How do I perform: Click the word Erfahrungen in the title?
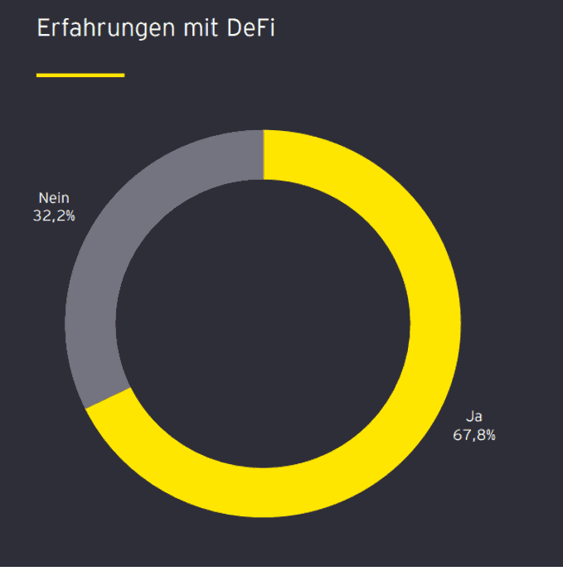tap(106, 29)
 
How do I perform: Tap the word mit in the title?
tap(201, 27)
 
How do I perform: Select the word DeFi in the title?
tap(250, 27)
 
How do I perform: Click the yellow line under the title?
tap(80, 75)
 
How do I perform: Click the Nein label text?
tap(54, 198)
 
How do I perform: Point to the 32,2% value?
tap(54, 216)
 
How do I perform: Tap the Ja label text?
tap(474, 417)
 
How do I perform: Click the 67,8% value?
tap(474, 435)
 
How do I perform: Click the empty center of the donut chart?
tap(263, 323)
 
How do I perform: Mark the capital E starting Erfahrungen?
tap(43, 27)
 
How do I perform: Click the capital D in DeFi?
tap(235, 27)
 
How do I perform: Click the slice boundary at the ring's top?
tap(264, 154)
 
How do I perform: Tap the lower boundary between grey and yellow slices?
tap(108, 398)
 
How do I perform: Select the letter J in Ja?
tap(469, 417)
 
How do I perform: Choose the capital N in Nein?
tap(42, 198)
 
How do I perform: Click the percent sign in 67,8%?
tap(491, 435)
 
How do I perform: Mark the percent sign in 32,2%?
tap(70, 216)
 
